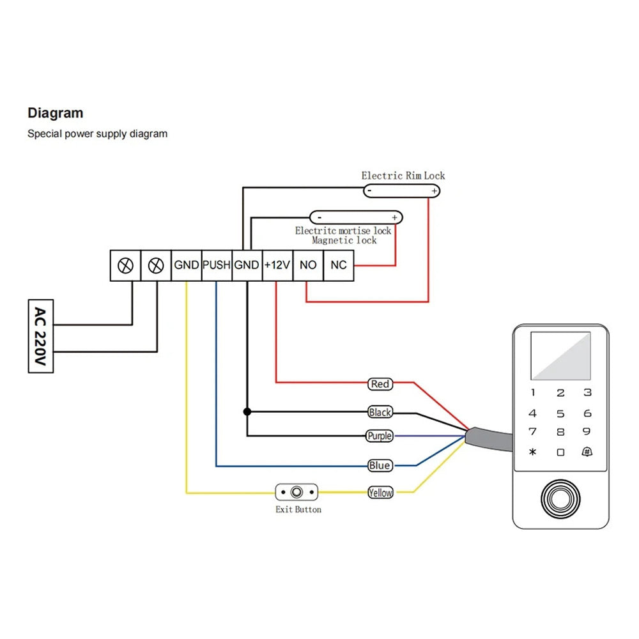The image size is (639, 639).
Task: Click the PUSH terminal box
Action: (216, 265)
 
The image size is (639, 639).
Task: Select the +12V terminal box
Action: (277, 265)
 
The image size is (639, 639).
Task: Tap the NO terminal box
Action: (308, 265)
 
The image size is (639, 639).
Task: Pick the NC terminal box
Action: (339, 265)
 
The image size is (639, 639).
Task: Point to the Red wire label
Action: (380, 384)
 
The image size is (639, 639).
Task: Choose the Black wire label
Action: (380, 412)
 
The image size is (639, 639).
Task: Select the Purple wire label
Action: (379, 436)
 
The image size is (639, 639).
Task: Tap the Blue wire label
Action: (380, 466)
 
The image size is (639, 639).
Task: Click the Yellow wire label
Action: (380, 493)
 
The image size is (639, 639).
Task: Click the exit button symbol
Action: (296, 493)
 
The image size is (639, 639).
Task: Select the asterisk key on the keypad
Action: (533, 452)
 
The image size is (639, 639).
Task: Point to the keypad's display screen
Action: (560, 356)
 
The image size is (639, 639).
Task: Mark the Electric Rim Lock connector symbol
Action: (402, 190)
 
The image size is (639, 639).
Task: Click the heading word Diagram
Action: (55, 113)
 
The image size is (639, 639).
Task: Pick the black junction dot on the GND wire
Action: (247, 412)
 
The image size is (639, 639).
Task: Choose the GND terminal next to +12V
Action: (247, 265)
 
